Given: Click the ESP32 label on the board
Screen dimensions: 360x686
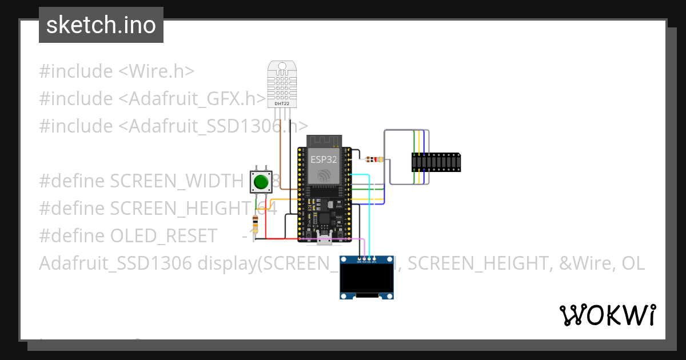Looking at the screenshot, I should tap(323, 159).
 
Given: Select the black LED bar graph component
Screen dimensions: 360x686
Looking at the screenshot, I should tap(436, 162).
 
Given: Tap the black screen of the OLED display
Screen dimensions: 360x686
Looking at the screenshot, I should tap(366, 278).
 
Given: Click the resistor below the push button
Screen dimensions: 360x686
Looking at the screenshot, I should tap(255, 223).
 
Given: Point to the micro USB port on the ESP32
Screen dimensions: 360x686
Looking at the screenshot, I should tap(324, 240).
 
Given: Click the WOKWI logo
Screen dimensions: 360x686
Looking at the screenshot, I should tap(607, 315).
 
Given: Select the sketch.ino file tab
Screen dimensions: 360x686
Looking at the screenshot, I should tap(101, 25).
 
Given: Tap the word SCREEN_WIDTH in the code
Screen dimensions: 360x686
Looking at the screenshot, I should tap(177, 181).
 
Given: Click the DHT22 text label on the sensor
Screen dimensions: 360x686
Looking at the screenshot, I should tap(282, 103).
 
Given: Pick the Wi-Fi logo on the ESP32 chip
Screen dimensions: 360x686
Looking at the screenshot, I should tap(324, 175).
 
